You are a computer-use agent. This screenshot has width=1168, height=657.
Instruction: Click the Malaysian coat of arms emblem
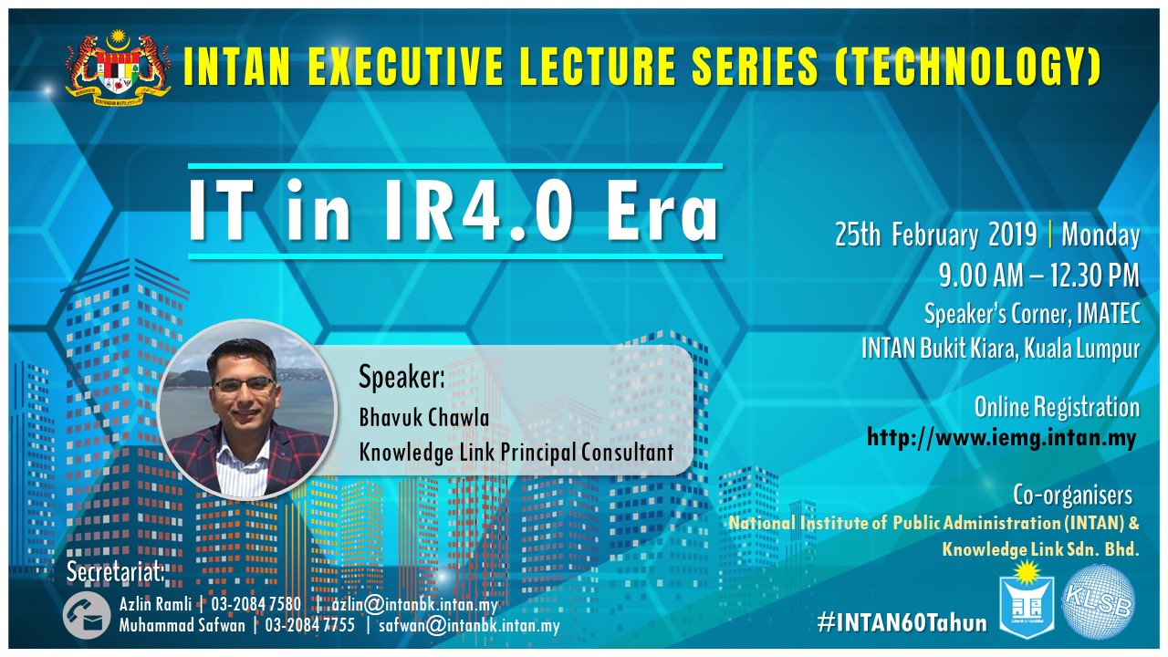118,68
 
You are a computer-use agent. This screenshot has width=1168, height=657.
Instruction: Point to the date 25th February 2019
935,235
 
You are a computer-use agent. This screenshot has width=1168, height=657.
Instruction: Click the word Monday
1100,235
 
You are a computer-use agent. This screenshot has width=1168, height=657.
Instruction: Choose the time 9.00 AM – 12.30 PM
1039,275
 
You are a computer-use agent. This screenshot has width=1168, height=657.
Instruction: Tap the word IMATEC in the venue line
1108,313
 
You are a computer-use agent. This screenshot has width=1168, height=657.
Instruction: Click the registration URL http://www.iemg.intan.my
1001,437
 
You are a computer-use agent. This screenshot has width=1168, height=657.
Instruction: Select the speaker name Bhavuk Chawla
424,417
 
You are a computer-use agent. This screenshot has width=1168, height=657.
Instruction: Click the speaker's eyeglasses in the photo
244,385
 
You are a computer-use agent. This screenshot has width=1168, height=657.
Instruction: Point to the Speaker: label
401,378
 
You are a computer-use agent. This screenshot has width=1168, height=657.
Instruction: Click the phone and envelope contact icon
87,615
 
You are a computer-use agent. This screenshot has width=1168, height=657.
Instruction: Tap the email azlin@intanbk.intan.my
415,605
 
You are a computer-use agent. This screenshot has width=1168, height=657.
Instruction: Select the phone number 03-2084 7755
309,625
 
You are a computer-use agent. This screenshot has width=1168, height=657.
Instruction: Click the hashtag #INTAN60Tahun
902,622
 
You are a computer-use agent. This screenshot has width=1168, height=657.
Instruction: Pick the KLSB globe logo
1100,601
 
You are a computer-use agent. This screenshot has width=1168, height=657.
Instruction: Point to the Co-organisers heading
1072,495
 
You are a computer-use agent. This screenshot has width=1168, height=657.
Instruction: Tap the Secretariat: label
115,572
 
